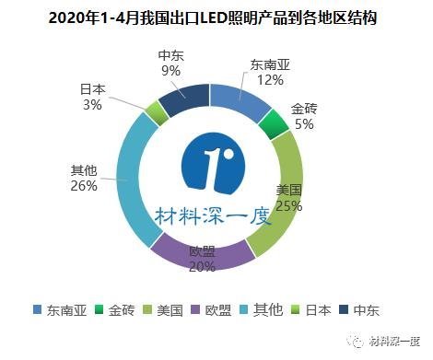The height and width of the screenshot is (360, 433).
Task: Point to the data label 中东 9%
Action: click(170, 62)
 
